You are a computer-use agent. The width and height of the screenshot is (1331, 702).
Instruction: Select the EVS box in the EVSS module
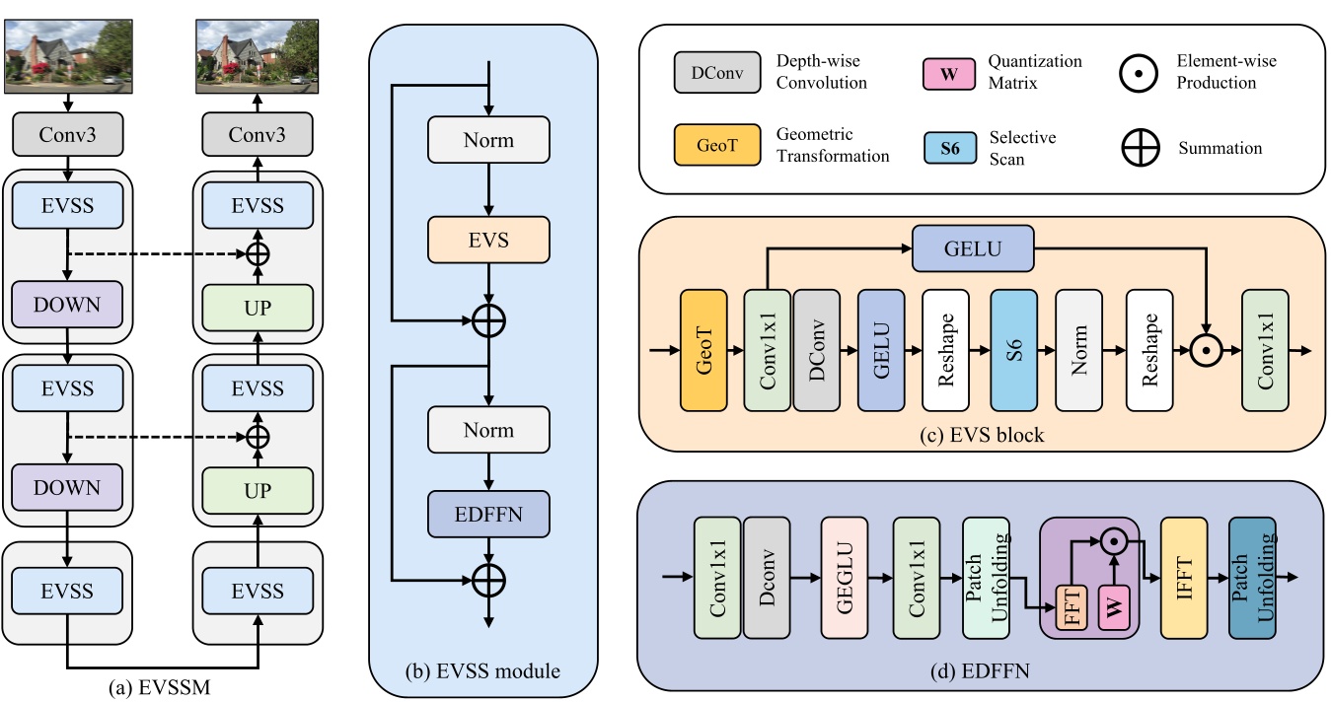[x=487, y=239]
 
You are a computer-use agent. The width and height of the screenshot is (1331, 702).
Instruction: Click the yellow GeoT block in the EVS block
[x=702, y=350]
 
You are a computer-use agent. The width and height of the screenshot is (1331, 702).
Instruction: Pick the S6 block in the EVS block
[x=1013, y=350]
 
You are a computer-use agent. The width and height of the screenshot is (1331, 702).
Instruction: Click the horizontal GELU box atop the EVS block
[x=973, y=248]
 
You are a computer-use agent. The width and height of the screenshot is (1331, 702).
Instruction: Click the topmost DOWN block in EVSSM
[x=67, y=304]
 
